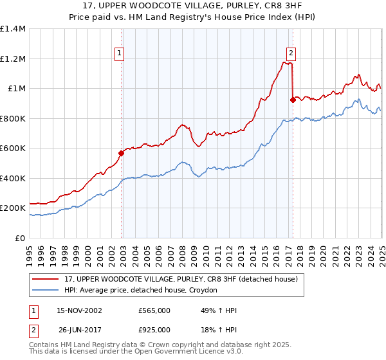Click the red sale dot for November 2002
(121, 153)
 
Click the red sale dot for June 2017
(293, 100)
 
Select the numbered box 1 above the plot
(120, 54)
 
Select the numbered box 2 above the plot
(291, 54)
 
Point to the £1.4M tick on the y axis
(13, 29)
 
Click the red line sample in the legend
(46, 280)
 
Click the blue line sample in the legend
(46, 291)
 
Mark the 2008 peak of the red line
(183, 125)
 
